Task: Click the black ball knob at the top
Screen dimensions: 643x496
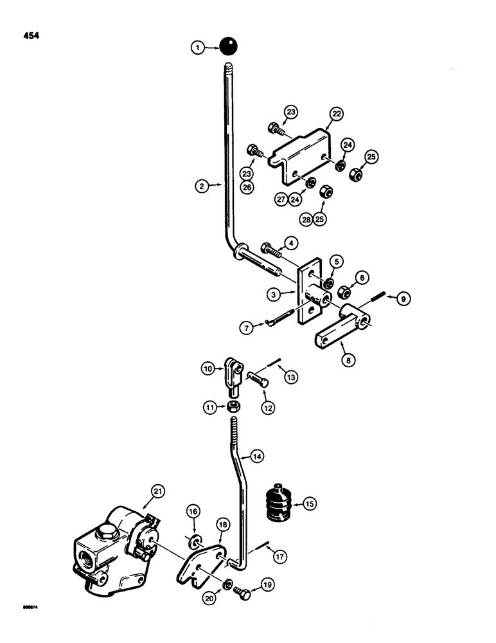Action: (x=228, y=46)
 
